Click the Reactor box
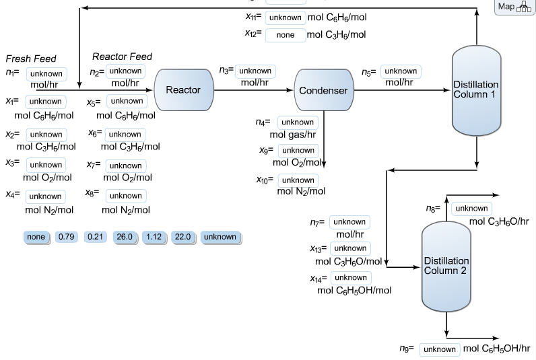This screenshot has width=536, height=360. [183, 89]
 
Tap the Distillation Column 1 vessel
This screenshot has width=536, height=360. [476, 89]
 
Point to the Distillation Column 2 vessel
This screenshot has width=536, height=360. [446, 266]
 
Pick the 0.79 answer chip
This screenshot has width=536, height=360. [67, 237]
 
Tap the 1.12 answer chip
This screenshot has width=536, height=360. [154, 237]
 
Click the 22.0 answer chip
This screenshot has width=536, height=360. [183, 237]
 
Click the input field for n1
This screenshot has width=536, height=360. [46, 74]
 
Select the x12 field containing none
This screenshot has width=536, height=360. [286, 35]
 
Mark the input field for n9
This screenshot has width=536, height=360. [440, 350]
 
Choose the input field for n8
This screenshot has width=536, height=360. [471, 209]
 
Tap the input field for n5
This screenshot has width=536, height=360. [401, 71]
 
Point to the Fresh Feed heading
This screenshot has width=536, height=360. [31, 59]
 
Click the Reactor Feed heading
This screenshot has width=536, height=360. [122, 57]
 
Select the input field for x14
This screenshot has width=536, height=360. [351, 278]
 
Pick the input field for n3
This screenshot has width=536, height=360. [255, 71]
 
